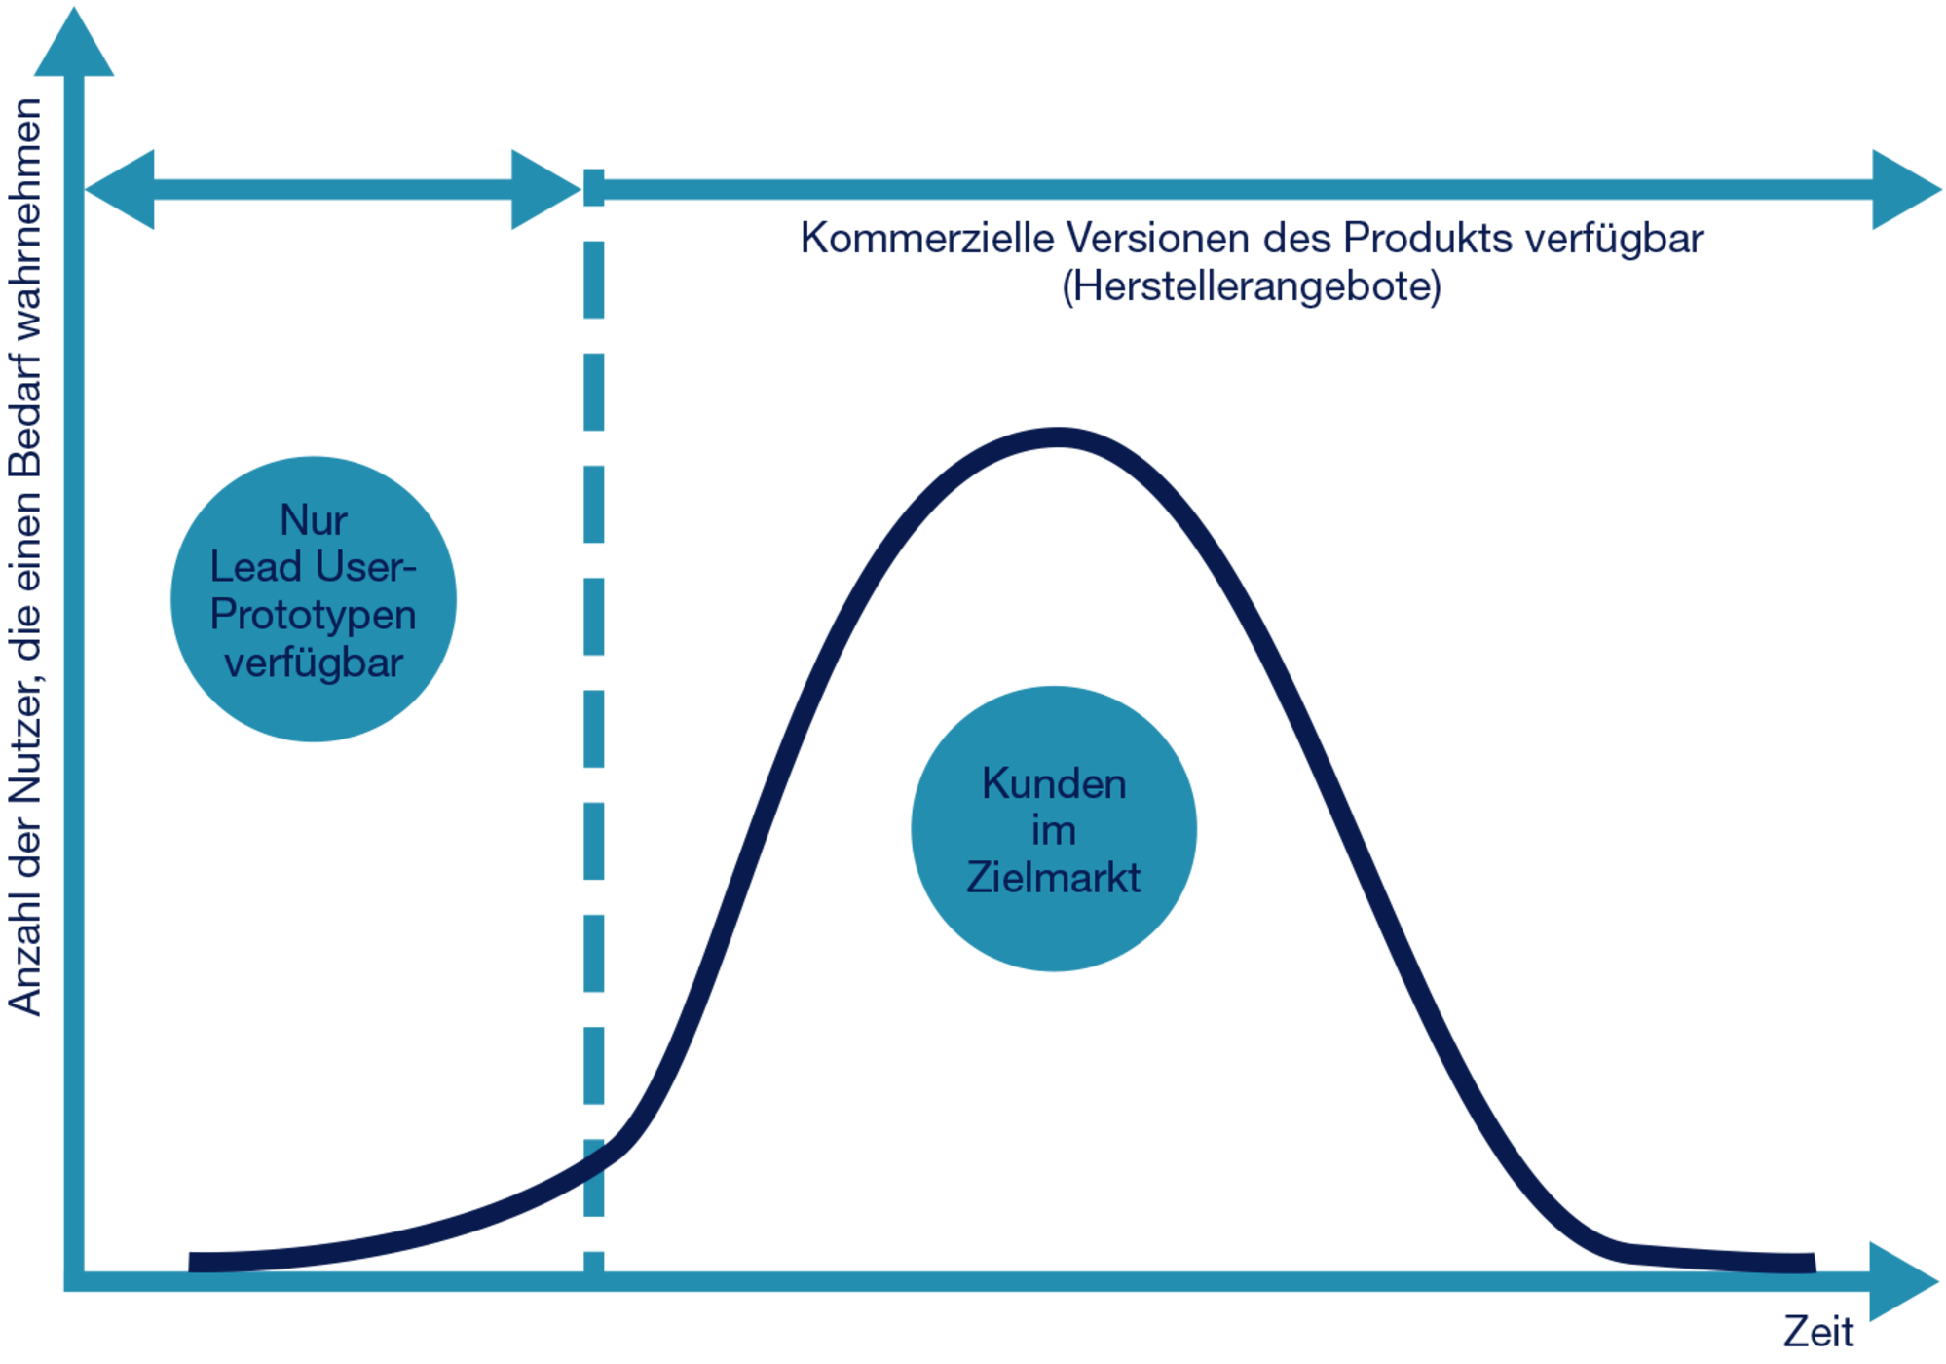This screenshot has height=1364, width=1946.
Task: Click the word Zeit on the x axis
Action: tap(1817, 1332)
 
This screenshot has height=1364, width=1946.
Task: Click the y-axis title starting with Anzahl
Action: tap(25, 557)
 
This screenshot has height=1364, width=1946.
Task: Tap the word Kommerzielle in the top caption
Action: tap(926, 238)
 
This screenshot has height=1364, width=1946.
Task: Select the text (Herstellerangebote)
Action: tap(1251, 286)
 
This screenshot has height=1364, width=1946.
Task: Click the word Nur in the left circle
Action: tap(314, 520)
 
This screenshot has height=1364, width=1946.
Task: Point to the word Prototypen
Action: tap(314, 616)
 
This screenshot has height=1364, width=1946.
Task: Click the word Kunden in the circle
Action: tap(1054, 783)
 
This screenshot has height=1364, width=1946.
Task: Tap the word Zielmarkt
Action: tap(1053, 878)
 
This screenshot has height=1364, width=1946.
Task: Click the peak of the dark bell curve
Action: tap(1058, 437)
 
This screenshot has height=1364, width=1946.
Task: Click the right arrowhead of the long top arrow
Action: tap(1905, 190)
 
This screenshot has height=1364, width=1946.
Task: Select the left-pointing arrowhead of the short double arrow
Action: tap(120, 190)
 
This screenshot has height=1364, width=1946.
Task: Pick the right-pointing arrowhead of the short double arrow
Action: tap(545, 190)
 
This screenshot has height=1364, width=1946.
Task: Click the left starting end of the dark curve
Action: tap(191, 1263)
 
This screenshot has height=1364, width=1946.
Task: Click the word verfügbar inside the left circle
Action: tap(314, 663)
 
